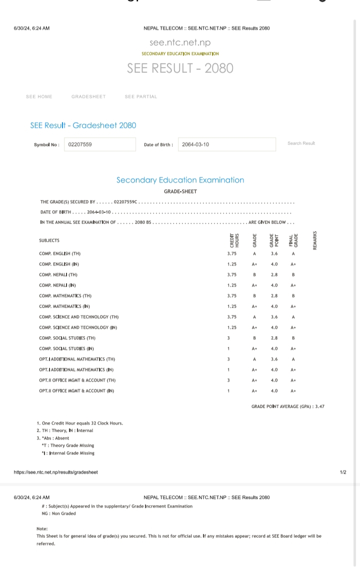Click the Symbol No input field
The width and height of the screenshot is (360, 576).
point(99,145)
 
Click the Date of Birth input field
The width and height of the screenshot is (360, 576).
point(226,145)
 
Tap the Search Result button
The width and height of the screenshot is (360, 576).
point(301,143)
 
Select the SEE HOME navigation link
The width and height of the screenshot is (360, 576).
point(39,97)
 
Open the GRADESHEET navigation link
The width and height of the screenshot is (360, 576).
point(88,97)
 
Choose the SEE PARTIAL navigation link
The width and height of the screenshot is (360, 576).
point(141,97)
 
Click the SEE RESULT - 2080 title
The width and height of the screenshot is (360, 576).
point(180,68)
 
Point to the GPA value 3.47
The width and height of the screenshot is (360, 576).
point(319,406)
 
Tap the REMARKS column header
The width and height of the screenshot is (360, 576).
point(315,240)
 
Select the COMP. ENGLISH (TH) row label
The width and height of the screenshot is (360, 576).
point(59,254)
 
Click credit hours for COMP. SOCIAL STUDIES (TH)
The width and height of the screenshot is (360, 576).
point(228,338)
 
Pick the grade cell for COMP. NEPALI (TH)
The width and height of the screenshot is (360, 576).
point(254,275)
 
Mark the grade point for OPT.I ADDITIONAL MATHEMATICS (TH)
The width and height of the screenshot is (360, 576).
point(274,359)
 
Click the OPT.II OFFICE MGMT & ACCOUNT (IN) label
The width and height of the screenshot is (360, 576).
point(76,391)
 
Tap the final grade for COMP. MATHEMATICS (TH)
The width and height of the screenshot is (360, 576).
point(293,296)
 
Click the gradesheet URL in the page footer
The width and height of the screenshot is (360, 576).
point(55,472)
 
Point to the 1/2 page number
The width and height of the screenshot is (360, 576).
point(342,472)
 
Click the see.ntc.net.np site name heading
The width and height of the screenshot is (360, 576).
point(180,43)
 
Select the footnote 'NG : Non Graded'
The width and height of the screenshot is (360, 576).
point(58,513)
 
